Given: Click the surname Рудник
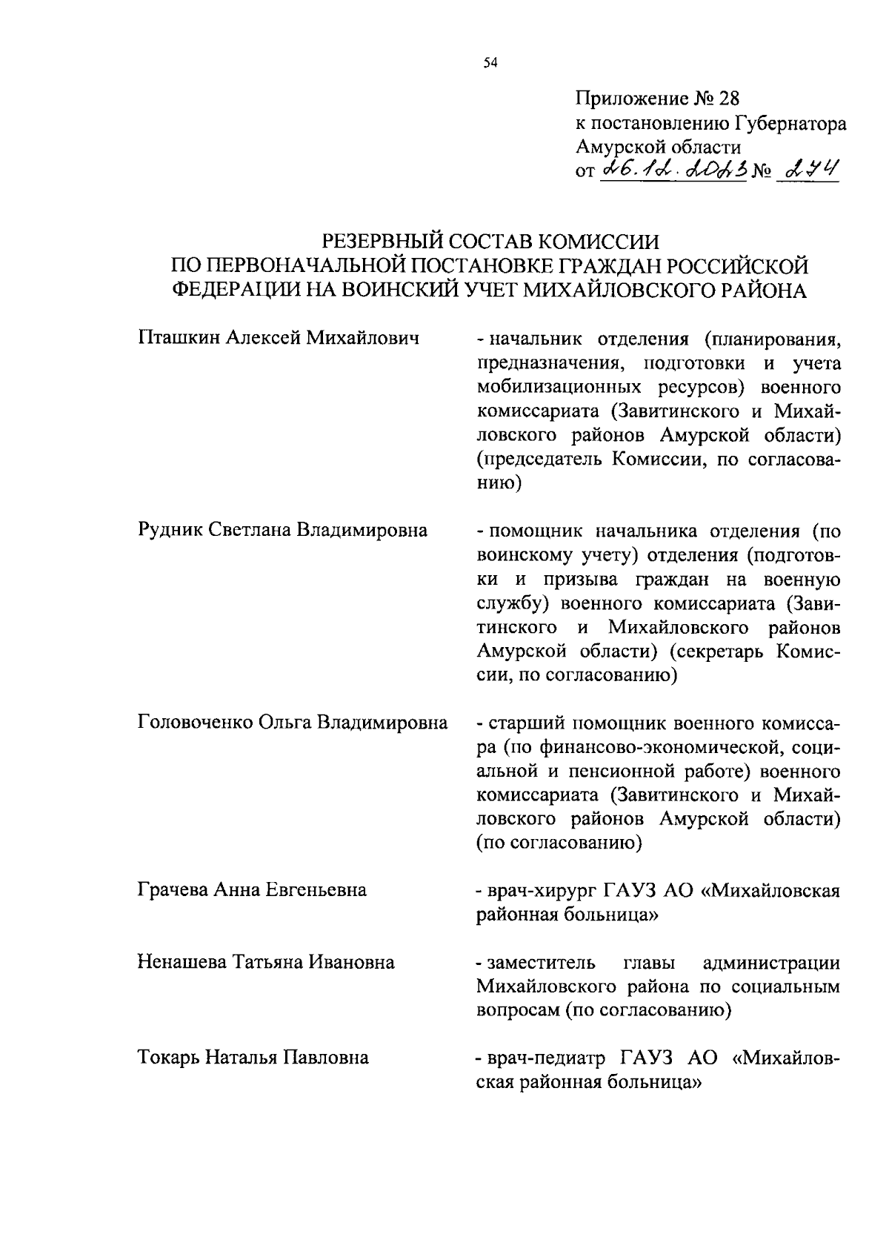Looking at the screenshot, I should (x=170, y=530).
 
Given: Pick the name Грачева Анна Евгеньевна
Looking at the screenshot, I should (x=252, y=889).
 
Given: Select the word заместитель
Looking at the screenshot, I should (x=541, y=963).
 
